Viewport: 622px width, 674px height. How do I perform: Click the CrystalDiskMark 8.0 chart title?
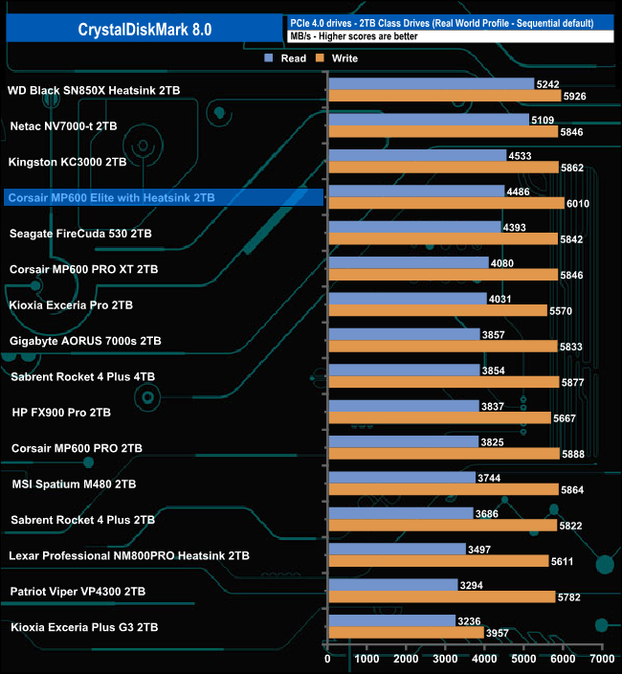pyautogui.click(x=144, y=30)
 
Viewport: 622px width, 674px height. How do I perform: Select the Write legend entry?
pyautogui.click(x=337, y=58)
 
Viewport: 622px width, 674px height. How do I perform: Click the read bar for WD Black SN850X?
pyautogui.click(x=431, y=84)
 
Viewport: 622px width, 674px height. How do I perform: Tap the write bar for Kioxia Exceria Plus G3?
pyautogui.click(x=405, y=633)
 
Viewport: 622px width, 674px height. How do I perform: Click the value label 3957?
pyautogui.click(x=498, y=633)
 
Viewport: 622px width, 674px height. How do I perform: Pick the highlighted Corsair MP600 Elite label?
pyautogui.click(x=111, y=198)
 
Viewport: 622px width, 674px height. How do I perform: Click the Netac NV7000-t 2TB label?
pyautogui.click(x=63, y=125)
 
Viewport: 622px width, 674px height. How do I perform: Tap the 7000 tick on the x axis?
pyautogui.click(x=602, y=659)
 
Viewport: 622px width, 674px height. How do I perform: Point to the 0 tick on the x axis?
pyautogui.click(x=328, y=659)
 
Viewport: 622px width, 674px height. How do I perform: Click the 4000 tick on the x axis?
pyautogui.click(x=484, y=659)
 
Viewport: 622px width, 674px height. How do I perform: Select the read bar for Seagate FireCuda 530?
pyautogui.click(x=413, y=227)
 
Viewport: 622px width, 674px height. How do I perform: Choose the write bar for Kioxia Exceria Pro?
pyautogui.click(x=436, y=311)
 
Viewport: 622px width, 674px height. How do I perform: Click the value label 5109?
pyautogui.click(x=543, y=120)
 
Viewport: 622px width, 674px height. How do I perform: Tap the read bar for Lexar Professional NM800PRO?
pyautogui.click(x=396, y=549)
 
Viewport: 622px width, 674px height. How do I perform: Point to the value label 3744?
pyautogui.click(x=489, y=478)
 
